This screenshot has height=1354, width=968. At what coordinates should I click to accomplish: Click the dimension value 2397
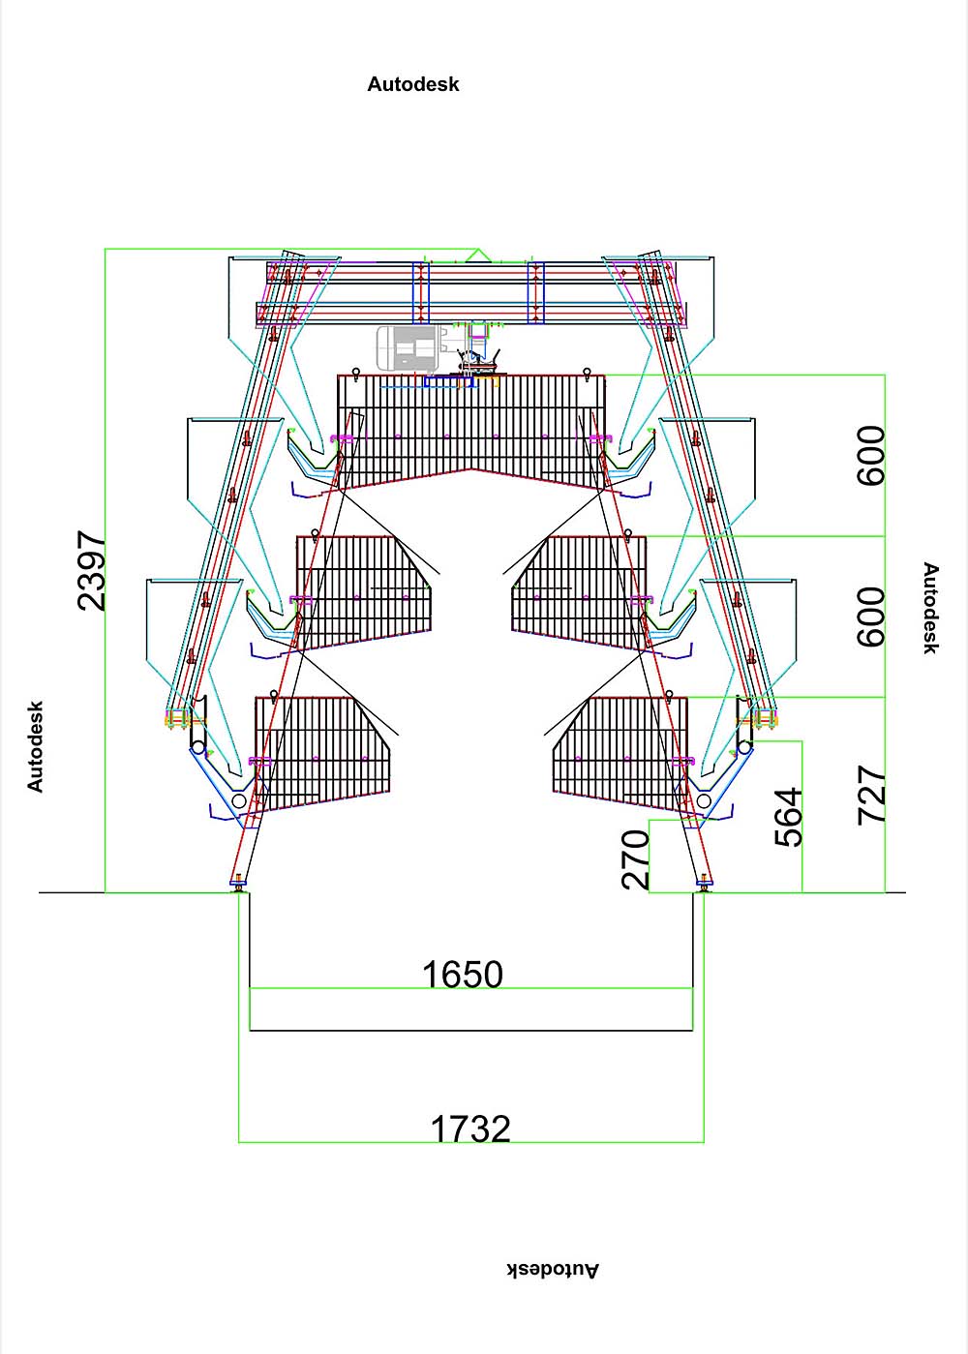tap(92, 570)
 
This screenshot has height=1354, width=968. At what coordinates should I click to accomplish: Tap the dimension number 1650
tap(463, 974)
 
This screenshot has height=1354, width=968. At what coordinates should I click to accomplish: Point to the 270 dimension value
tap(635, 858)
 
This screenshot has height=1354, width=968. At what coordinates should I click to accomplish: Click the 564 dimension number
tap(788, 817)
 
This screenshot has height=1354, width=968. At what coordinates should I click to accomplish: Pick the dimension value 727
tap(871, 795)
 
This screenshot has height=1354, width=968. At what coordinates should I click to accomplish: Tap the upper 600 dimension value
tap(871, 455)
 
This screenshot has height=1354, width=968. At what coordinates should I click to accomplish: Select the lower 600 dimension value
tap(871, 617)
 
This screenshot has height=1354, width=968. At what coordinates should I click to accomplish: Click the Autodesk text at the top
tap(413, 84)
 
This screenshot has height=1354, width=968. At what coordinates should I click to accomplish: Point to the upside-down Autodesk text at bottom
tap(553, 1270)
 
